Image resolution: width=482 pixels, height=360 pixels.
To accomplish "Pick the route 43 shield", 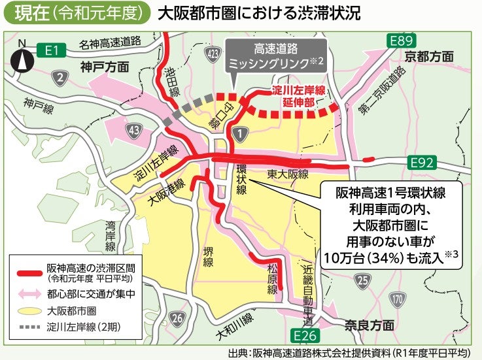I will (134, 130).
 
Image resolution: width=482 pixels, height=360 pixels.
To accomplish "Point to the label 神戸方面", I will (105, 67).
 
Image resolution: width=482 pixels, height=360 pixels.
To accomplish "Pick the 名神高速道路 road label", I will (111, 43).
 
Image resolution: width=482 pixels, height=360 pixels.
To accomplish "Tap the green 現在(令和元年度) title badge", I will (77, 13).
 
